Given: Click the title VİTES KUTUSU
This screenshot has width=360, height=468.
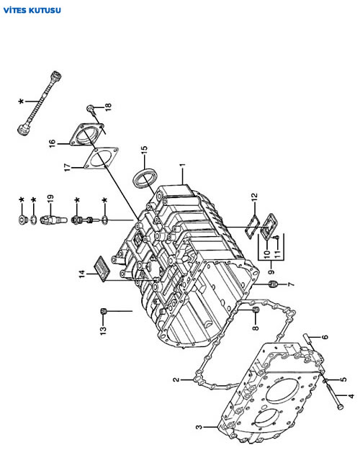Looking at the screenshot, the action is [x=32, y=11].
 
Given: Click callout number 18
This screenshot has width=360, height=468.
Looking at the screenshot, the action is [x=108, y=107].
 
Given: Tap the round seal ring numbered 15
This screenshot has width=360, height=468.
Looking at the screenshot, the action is [x=145, y=179].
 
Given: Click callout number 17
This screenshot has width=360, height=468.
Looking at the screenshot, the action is [x=68, y=167].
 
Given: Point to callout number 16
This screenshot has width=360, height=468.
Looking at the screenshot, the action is [x=53, y=143].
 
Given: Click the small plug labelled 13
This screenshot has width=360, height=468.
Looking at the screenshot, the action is [x=103, y=311].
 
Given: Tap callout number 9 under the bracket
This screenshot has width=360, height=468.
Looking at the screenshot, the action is [x=271, y=271].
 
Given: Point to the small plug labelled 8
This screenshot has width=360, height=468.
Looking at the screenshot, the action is [x=256, y=310].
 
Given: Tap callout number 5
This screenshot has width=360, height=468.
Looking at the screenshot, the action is [x=343, y=379].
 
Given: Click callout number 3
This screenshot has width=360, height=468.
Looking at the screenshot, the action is [x=199, y=427].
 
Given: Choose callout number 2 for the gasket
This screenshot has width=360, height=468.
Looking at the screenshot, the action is [x=176, y=379].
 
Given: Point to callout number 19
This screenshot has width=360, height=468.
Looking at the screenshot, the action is [x=50, y=199].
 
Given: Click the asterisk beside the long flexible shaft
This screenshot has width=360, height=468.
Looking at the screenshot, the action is [x=21, y=102].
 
